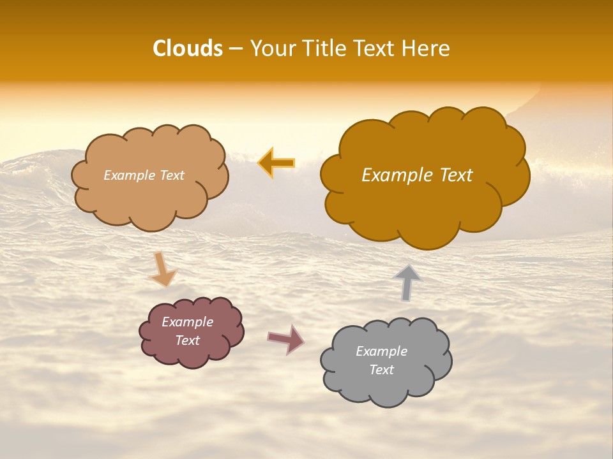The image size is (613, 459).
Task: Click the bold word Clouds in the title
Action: [x=188, y=48]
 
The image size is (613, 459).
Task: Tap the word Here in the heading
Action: [x=427, y=48]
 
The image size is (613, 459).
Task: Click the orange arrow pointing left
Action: [x=276, y=163]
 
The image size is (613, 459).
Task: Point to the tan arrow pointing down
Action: [x=163, y=269]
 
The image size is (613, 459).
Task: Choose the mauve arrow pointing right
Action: [x=285, y=339]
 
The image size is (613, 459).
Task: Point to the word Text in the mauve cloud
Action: [x=188, y=340]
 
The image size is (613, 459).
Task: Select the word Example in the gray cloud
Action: [x=381, y=351]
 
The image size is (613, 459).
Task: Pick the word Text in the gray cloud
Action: [x=381, y=370]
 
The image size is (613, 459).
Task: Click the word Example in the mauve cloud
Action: [x=188, y=322]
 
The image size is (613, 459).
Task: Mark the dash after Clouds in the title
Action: [x=236, y=49]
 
